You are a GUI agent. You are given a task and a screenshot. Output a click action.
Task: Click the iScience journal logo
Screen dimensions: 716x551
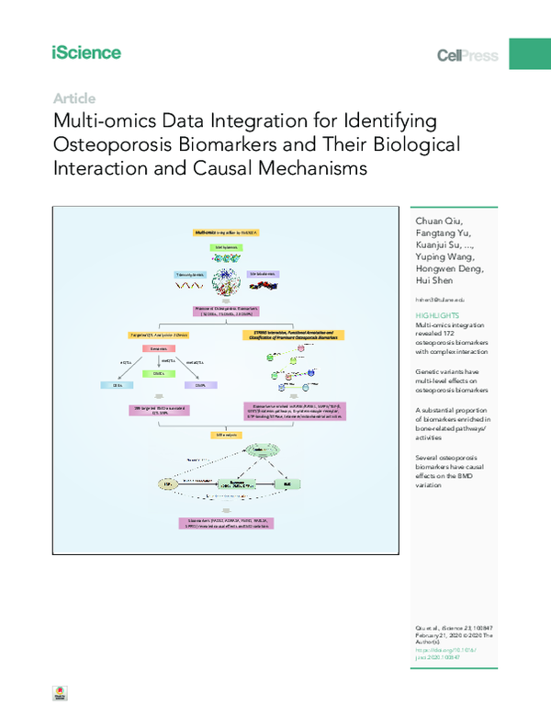86,53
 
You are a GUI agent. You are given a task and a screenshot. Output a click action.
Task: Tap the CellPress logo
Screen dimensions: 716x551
467,55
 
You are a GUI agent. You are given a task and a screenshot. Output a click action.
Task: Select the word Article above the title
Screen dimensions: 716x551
74,98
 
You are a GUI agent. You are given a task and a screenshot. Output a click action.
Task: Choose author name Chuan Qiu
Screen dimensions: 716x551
441,222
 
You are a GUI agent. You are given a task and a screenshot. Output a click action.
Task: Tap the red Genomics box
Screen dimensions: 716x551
158,350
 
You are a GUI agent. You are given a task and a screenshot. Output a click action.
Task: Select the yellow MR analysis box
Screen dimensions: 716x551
226,431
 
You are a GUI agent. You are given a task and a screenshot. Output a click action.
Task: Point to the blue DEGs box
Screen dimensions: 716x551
117,386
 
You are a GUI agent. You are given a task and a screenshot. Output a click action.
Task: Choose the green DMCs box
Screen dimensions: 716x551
158,373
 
